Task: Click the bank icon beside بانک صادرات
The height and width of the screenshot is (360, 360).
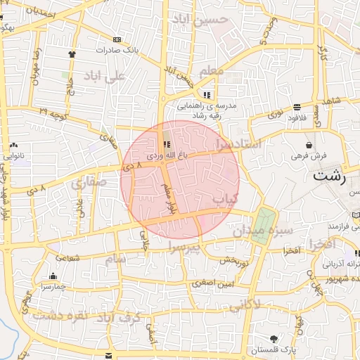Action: click(116, 40)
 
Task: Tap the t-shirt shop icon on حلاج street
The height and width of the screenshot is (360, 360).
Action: click(72, 53)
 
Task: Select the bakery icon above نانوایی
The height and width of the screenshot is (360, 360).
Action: click(14, 145)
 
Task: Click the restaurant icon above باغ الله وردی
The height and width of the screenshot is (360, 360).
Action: click(167, 144)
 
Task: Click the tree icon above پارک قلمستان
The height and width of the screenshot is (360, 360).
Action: click(274, 339)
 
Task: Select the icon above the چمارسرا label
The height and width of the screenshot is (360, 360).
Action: click(53, 276)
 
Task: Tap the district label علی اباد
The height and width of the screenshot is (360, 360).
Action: click(104, 75)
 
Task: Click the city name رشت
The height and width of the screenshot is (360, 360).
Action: click(330, 176)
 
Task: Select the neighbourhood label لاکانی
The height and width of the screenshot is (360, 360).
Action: click(245, 304)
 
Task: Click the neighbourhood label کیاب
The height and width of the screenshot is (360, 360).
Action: click(226, 200)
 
